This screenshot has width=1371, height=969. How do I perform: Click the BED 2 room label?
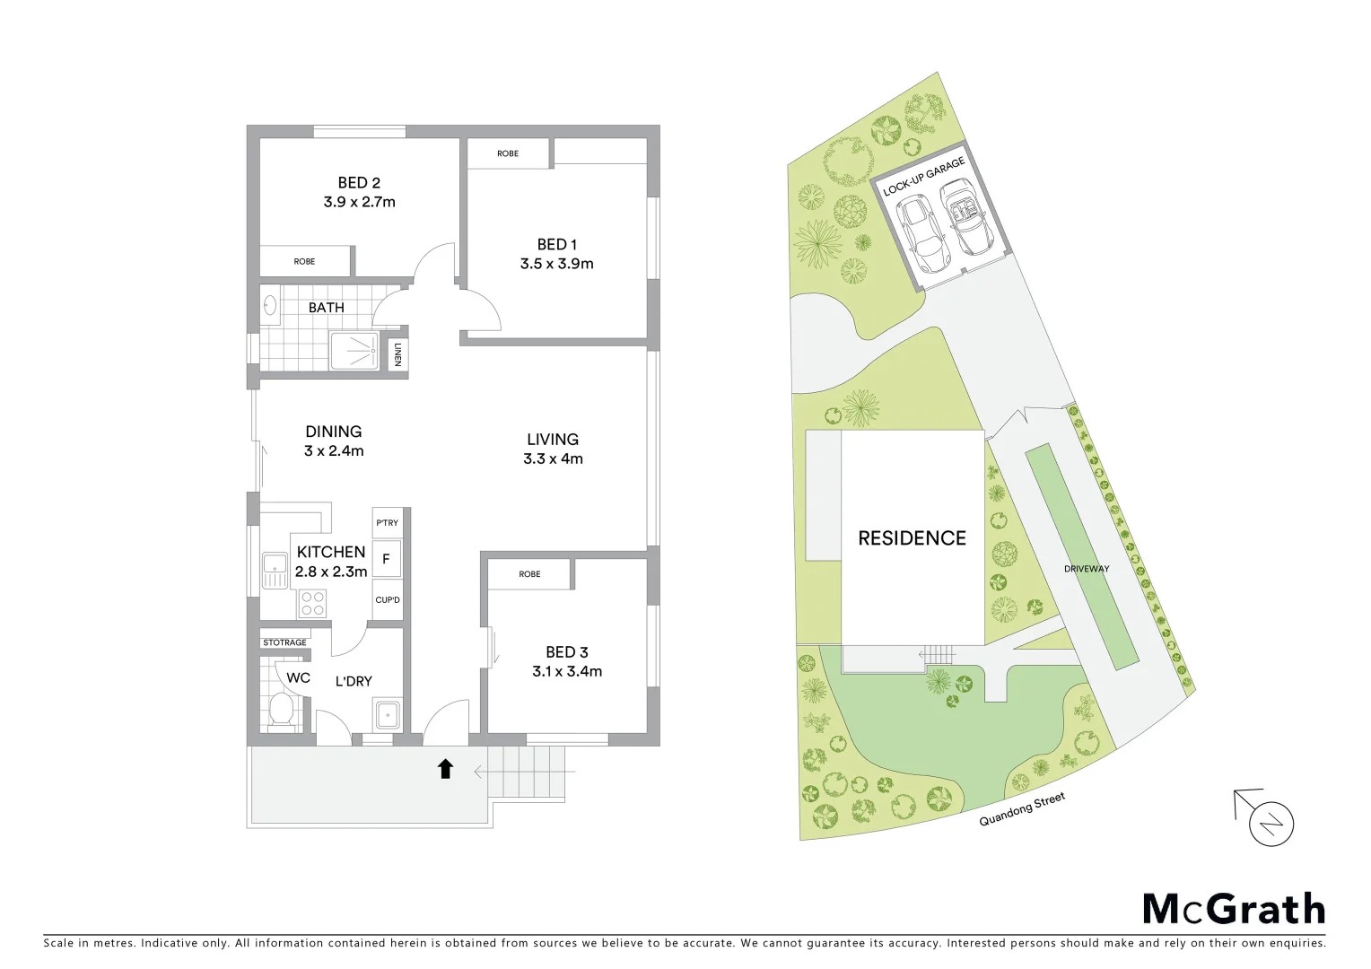[x=359, y=182]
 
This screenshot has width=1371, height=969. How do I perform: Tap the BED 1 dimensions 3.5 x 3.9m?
[x=556, y=264]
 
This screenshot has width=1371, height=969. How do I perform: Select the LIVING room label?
[x=553, y=439]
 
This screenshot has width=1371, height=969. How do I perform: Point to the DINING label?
[x=333, y=432]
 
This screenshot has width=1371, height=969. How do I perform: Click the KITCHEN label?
[x=331, y=552]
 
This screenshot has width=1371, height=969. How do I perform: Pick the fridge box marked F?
[x=387, y=559]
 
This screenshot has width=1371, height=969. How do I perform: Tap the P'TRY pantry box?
[x=388, y=523]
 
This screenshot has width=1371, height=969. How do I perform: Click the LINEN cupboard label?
[x=397, y=354]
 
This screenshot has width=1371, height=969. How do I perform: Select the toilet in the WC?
[x=281, y=709]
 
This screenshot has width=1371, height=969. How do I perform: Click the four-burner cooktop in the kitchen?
[x=312, y=603]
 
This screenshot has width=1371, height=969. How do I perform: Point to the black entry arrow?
[x=445, y=769]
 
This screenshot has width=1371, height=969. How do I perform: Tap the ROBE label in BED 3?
[x=529, y=574]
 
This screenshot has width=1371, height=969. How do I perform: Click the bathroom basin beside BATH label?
[x=270, y=307]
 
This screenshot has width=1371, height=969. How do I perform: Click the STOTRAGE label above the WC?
[x=284, y=642]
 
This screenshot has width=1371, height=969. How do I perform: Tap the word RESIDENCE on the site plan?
[x=912, y=538]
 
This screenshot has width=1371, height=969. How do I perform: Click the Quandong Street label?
[x=1022, y=809]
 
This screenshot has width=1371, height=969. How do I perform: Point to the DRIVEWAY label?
[x=1087, y=569]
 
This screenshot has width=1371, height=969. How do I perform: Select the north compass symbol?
[x=1271, y=824]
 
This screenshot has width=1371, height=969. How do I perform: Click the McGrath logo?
[x=1234, y=909]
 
